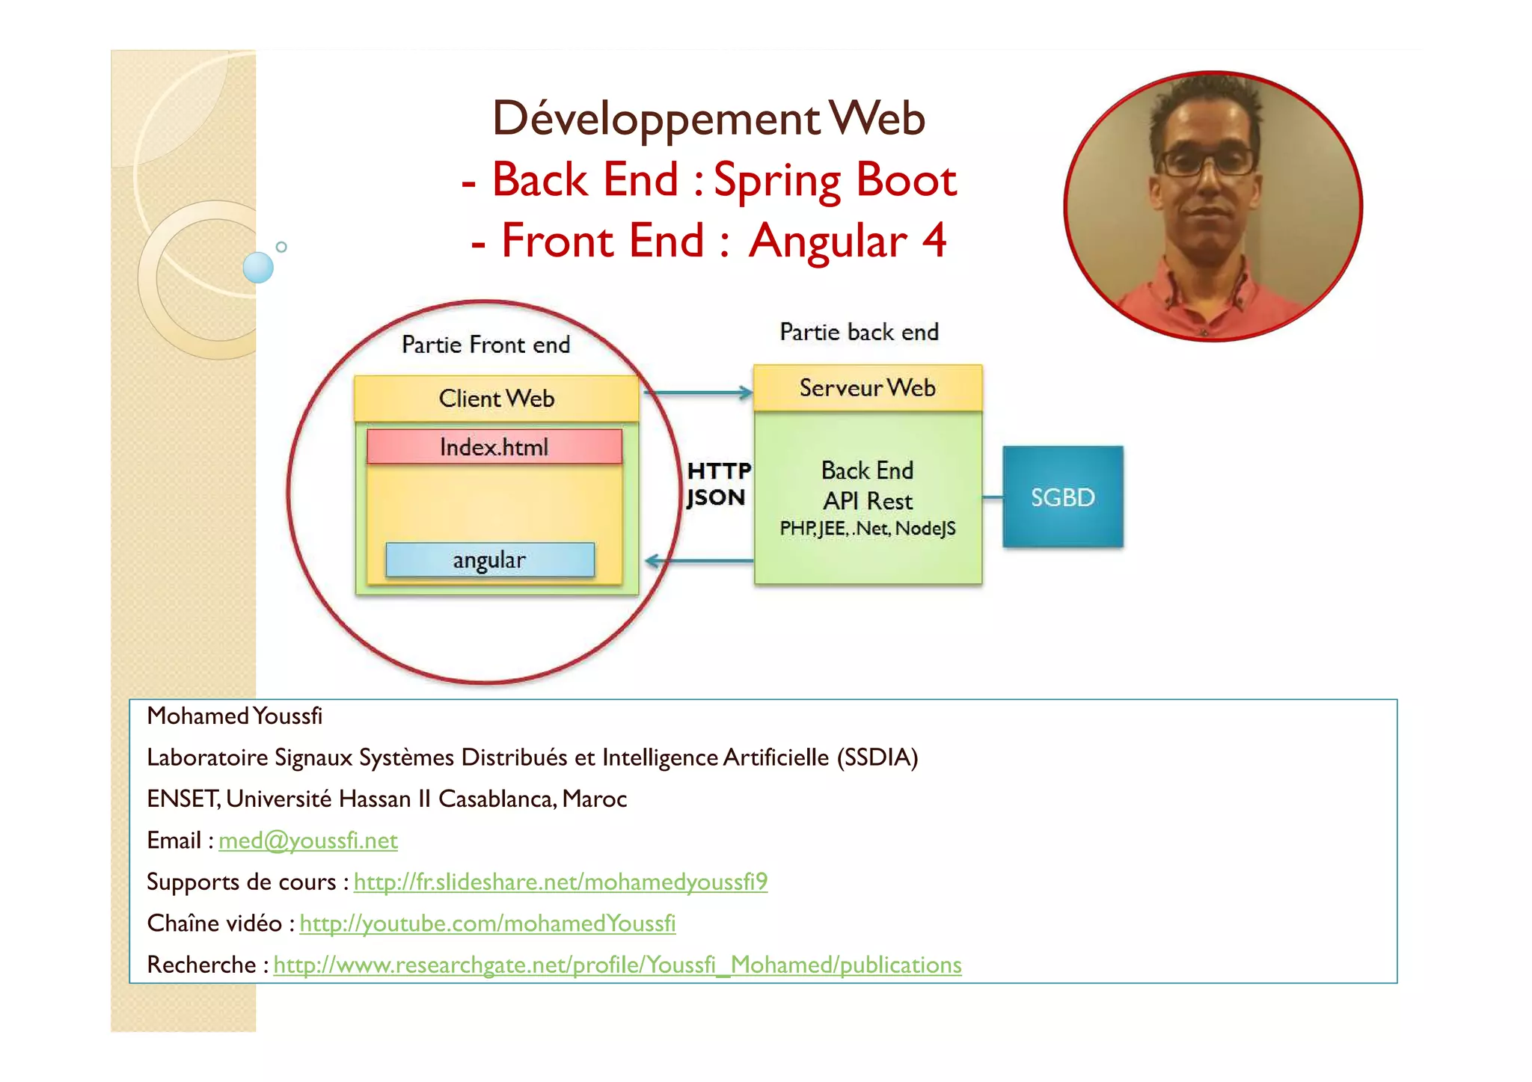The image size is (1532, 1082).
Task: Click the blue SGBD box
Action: click(1062, 497)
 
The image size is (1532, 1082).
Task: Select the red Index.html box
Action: click(494, 447)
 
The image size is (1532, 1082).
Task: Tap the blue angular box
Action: click(490, 560)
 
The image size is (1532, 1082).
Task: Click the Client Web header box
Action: click(496, 399)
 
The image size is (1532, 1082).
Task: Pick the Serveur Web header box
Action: click(867, 388)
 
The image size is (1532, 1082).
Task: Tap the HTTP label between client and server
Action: click(718, 471)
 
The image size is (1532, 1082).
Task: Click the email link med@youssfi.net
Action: click(307, 840)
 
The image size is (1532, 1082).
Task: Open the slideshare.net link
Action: click(560, 882)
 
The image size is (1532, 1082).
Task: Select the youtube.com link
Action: click(487, 923)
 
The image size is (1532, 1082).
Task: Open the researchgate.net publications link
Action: click(617, 965)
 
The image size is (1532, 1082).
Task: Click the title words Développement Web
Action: click(708, 119)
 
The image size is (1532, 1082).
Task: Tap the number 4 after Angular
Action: click(934, 241)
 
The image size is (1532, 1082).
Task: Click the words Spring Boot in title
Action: click(835, 180)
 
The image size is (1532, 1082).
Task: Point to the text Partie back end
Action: click(859, 332)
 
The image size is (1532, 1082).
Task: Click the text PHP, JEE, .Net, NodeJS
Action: click(867, 529)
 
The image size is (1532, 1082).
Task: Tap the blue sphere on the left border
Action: click(259, 267)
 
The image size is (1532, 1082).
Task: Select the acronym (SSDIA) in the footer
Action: click(877, 757)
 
